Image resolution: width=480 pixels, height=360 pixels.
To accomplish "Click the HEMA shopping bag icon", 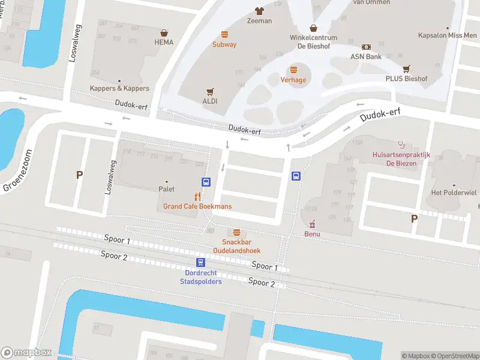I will tap(164, 33).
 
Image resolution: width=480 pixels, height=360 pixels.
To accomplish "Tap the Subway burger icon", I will tap(224, 34).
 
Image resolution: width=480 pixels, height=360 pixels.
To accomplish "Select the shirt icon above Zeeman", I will tap(259, 11).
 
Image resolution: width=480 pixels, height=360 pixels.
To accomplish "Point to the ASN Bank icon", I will tap(366, 47).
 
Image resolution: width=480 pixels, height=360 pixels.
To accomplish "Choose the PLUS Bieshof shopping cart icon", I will tap(407, 68).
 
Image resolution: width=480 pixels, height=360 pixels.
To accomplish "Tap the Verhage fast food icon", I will tap(293, 70).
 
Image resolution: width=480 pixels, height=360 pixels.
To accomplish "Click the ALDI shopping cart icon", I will tap(210, 92).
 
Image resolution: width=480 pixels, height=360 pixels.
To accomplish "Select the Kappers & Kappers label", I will tap(119, 88).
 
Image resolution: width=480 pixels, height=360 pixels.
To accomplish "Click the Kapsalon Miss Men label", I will tap(448, 35).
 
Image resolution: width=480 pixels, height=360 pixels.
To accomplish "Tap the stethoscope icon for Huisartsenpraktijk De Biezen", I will tap(401, 144).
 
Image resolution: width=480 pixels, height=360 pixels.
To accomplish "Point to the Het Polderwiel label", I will tap(454, 193).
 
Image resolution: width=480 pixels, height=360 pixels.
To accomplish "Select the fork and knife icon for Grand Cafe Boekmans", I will tap(197, 196).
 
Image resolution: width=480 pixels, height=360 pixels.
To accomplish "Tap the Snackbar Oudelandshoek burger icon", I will tap(236, 232).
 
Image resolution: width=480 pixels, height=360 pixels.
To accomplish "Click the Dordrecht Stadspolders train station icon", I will tap(200, 262).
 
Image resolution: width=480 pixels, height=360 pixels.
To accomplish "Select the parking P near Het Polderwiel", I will tap(414, 219).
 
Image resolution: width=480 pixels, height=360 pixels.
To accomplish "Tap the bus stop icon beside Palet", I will tap(206, 182).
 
